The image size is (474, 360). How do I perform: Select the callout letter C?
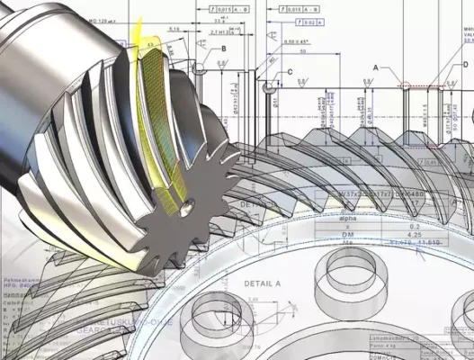(x=289, y=71)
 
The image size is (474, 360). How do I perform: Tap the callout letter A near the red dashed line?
(x=376, y=67)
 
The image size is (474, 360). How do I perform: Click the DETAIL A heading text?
(x=263, y=283)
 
